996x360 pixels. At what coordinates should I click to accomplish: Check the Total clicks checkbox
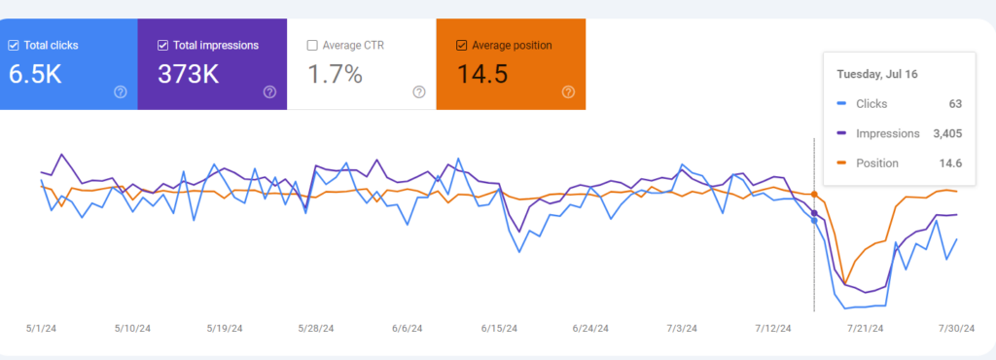(x=14, y=45)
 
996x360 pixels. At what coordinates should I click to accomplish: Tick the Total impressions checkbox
(x=162, y=45)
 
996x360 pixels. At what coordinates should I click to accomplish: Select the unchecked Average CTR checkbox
(x=312, y=45)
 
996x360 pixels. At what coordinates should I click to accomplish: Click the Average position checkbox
(x=461, y=45)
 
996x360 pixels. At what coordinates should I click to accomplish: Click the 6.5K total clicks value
(x=35, y=74)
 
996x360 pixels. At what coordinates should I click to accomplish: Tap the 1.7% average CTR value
(x=337, y=74)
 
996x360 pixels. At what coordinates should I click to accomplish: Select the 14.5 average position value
(x=482, y=74)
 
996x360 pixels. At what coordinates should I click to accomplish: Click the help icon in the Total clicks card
(x=121, y=92)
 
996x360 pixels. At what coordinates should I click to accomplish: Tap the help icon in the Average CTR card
(x=419, y=92)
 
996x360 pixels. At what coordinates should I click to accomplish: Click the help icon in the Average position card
(x=568, y=92)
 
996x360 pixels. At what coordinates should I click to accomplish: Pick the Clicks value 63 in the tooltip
(x=955, y=103)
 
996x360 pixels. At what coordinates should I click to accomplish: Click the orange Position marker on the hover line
(x=814, y=194)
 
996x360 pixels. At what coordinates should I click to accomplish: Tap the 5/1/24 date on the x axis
(x=42, y=328)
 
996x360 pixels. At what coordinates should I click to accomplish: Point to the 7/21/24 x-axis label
(x=865, y=328)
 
